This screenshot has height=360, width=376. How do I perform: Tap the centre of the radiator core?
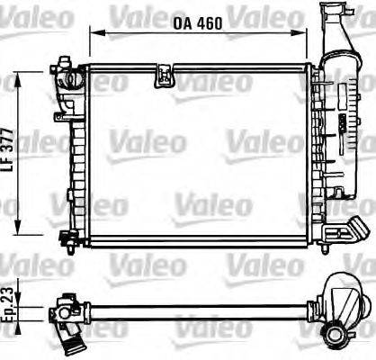pyautogui.click(x=193, y=153)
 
